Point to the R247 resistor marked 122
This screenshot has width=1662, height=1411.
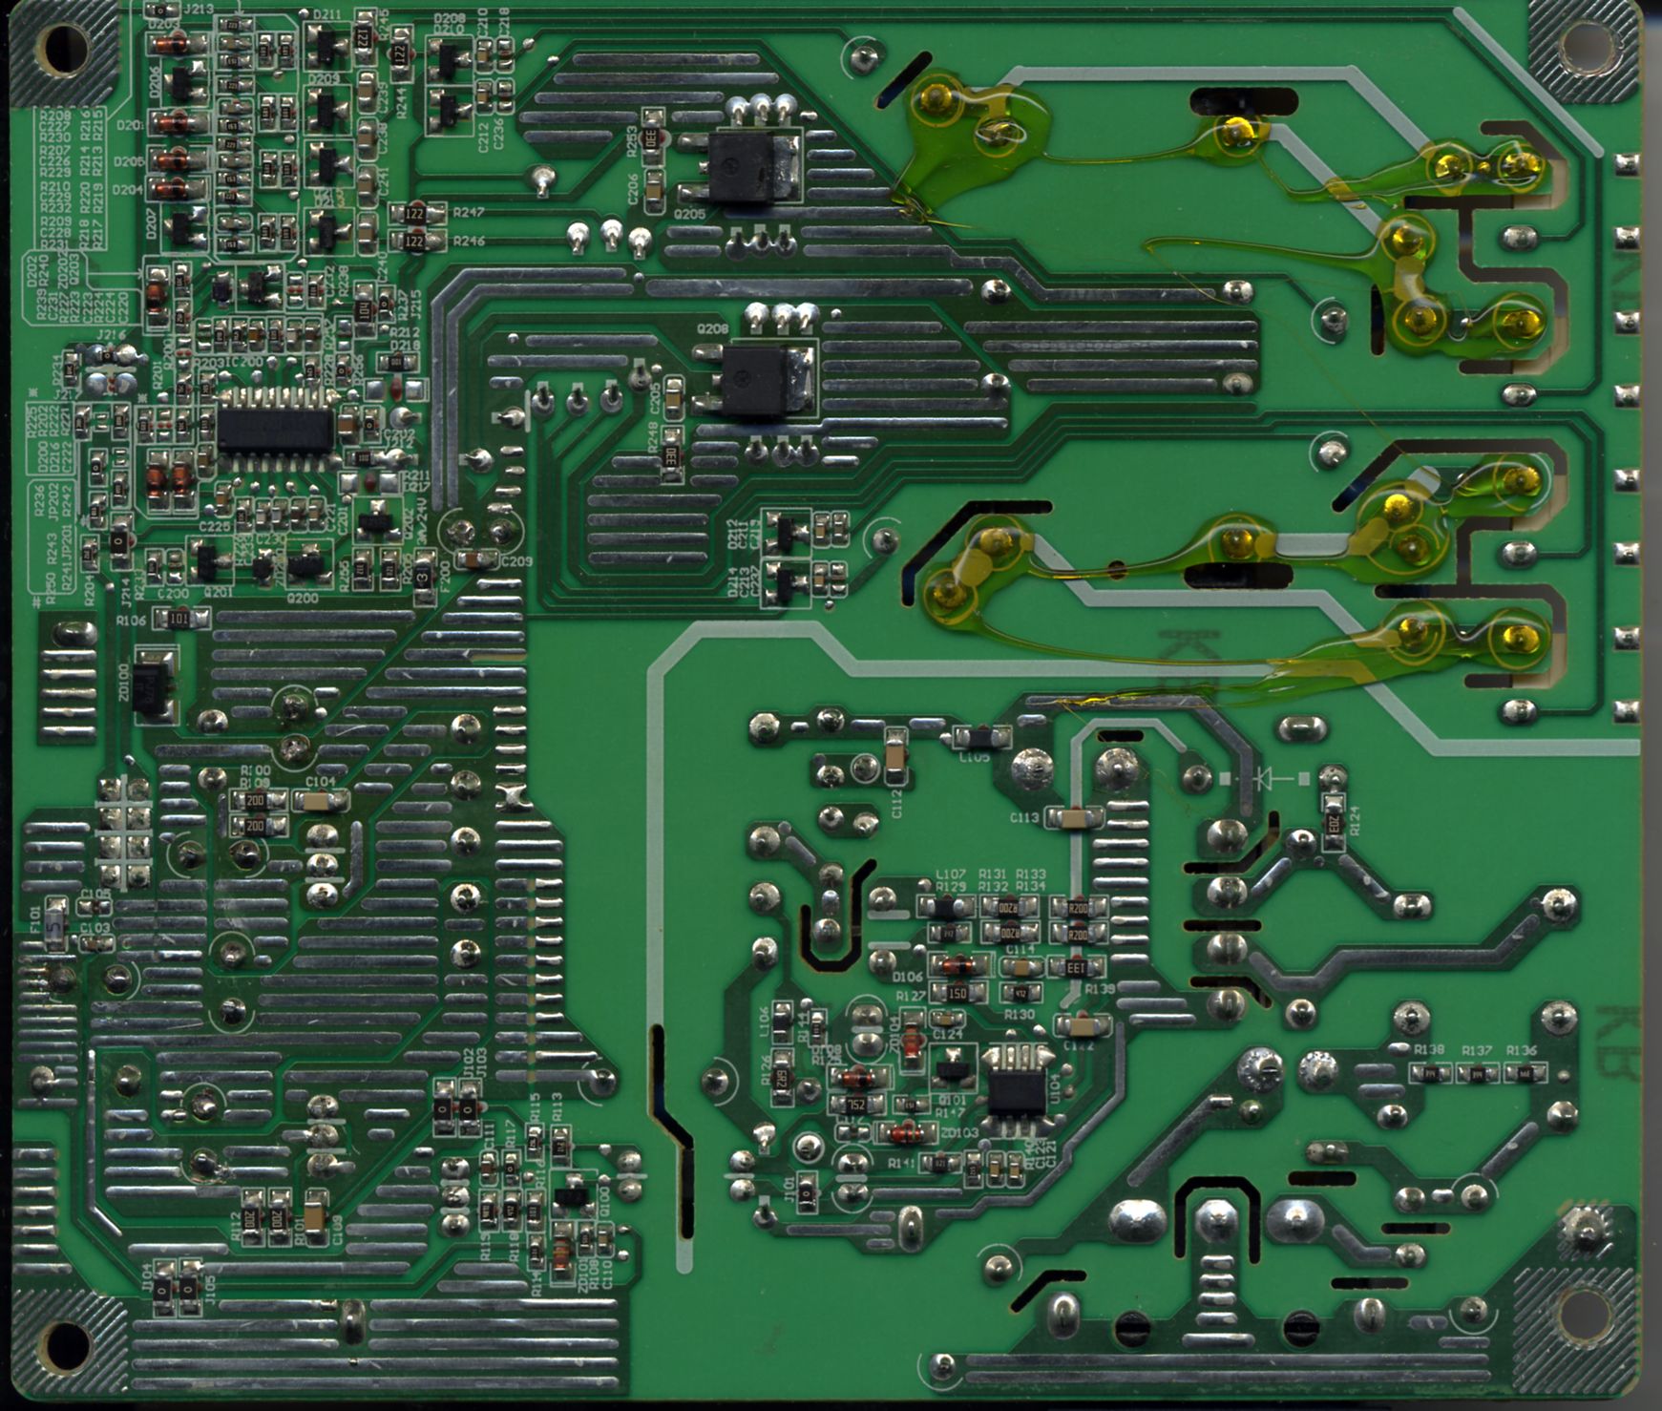pyautogui.click(x=414, y=213)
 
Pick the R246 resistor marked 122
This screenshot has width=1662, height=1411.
pyautogui.click(x=414, y=242)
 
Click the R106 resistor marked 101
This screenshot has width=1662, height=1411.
pyautogui.click(x=179, y=620)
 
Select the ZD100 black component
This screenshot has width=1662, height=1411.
pyautogui.click(x=153, y=684)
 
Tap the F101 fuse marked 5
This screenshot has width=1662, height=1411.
pyautogui.click(x=56, y=924)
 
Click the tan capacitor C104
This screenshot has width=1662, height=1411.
pyautogui.click(x=320, y=801)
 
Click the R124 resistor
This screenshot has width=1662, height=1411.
pyautogui.click(x=1335, y=819)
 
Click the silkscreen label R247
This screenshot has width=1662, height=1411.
pyautogui.click(x=469, y=212)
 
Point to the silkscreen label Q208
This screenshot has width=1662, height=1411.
pyautogui.click(x=712, y=329)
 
